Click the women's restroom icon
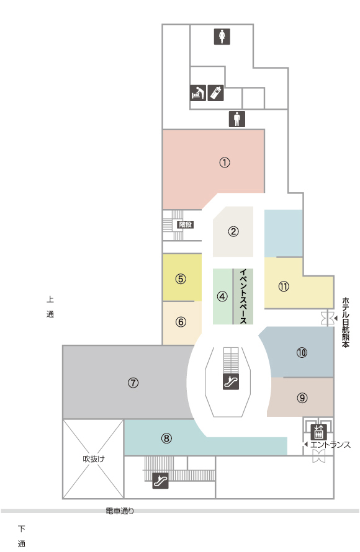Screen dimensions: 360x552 (x=222, y=37)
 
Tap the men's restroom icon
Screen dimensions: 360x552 (x=237, y=119)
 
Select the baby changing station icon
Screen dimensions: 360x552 (x=198, y=93)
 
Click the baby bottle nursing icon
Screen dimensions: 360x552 (x=215, y=93)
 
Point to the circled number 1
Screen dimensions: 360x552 (x=225, y=162)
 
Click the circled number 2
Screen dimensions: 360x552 (x=233, y=231)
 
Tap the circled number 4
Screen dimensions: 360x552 (x=222, y=296)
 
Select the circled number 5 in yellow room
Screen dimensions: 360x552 (x=181, y=279)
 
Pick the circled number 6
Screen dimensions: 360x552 (x=181, y=322)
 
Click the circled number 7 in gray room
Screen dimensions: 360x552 (x=133, y=382)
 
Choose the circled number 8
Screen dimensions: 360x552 (x=166, y=438)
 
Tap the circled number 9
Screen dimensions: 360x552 (x=302, y=398)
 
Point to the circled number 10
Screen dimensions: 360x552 (x=302, y=352)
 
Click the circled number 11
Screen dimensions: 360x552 (x=284, y=286)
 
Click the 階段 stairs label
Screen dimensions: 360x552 (x=186, y=225)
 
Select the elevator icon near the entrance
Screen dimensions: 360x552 (x=319, y=432)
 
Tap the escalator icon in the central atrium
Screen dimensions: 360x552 (x=231, y=381)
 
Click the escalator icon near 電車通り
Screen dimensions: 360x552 (x=160, y=481)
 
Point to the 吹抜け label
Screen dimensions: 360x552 (x=94, y=459)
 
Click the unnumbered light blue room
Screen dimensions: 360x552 (x=284, y=233)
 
